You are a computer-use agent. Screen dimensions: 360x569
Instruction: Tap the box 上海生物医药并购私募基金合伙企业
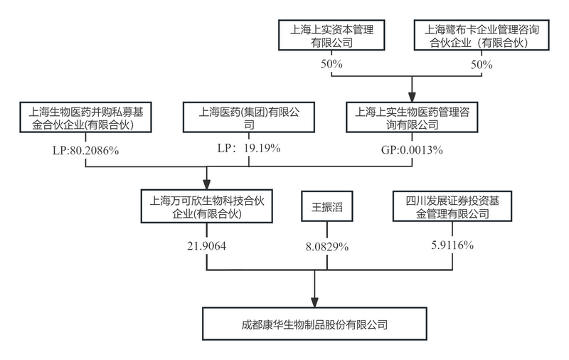pos(85,118)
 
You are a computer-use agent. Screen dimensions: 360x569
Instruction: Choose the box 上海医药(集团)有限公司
pos(248,118)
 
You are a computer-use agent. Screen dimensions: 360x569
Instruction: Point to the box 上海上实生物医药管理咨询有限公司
pos(412,118)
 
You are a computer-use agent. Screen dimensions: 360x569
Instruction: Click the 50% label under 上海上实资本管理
pos(331,64)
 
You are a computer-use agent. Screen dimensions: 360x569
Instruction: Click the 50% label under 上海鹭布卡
pos(482,64)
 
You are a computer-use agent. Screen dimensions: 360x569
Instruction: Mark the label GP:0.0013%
pos(413,150)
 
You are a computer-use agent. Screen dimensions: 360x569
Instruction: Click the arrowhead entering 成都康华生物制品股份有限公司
pos(314,302)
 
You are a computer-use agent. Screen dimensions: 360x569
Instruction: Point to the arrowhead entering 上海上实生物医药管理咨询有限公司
pos(412,97)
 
